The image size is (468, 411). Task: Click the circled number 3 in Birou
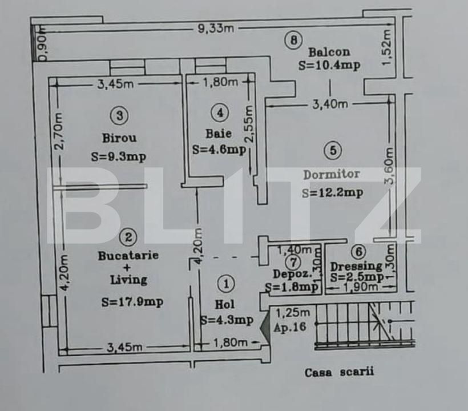119,115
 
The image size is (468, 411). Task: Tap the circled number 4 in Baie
219,112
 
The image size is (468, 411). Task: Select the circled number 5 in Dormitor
332,151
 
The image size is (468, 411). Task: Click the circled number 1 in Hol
227,284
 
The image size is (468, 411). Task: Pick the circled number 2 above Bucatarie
130,236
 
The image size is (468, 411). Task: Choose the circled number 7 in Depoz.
293,262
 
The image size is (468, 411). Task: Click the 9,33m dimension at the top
216,29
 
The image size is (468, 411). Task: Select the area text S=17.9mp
132,303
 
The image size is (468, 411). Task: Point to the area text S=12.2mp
332,193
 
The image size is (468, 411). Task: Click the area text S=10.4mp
329,65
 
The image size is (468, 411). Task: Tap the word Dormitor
332,174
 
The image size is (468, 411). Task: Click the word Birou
119,138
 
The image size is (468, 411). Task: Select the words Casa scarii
339,373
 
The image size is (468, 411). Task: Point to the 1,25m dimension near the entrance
293,312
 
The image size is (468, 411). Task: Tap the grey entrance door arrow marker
265,329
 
